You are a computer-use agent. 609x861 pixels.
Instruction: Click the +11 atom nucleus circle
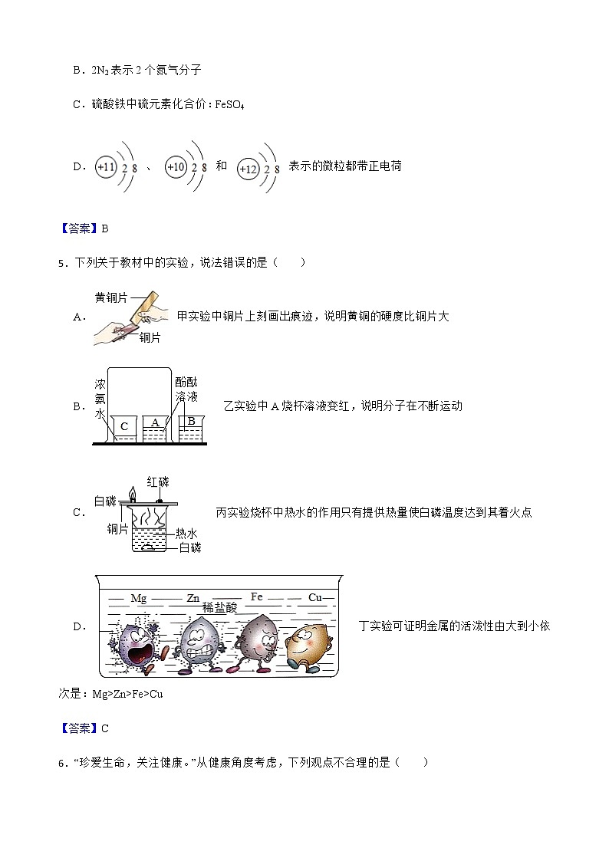(x=105, y=166)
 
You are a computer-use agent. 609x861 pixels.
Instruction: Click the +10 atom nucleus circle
(x=176, y=166)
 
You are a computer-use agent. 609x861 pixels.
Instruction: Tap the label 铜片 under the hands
(x=150, y=337)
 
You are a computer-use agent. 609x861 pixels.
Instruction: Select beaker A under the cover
(x=156, y=426)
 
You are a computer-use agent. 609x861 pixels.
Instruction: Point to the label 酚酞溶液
(x=186, y=389)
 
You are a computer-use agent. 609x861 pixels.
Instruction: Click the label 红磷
(x=158, y=481)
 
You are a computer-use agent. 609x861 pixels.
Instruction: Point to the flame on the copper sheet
(x=132, y=492)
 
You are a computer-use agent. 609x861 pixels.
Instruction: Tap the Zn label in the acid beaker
(x=193, y=598)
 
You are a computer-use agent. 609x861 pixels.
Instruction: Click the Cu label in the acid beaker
(x=314, y=596)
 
